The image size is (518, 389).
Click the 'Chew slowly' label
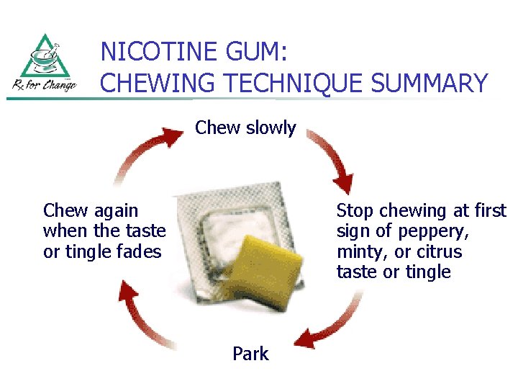tap(245, 128)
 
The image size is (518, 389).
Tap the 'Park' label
tap(250, 354)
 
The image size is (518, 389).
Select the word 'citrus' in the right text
tap(439, 252)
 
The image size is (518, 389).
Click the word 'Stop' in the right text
tap(355, 211)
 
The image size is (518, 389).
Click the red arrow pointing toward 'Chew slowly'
tap(147, 151)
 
